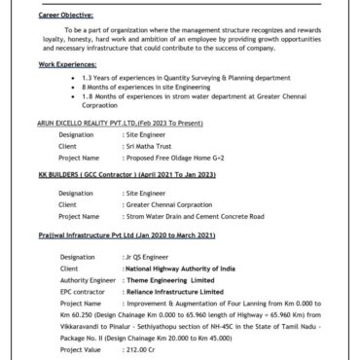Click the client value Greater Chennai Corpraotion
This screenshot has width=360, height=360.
pyautogui.click(x=167, y=205)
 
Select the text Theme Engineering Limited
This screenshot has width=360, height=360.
pyautogui.click(x=175, y=277)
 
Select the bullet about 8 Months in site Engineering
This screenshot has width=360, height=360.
pyautogui.click(x=133, y=87)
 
